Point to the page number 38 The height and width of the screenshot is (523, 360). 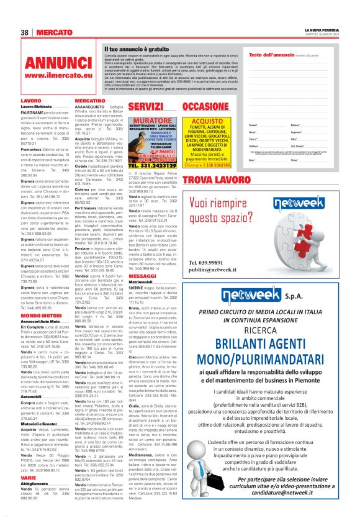coord(25,32)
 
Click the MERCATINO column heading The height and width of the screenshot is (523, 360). coord(89,100)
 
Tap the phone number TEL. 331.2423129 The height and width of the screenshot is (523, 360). coord(152,166)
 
